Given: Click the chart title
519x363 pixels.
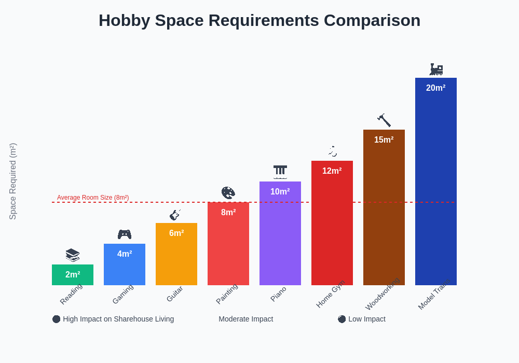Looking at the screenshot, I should (259, 20).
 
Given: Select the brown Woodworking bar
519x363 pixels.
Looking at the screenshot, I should (384, 213).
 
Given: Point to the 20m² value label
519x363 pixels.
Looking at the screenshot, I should (436, 88).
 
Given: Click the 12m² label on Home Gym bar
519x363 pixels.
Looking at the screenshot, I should (332, 171).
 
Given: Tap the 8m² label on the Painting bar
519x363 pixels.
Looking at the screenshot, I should (228, 213).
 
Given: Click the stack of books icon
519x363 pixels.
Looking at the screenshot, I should (73, 255).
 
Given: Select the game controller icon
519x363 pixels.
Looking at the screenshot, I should (125, 234).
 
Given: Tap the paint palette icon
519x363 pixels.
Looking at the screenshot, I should (228, 193).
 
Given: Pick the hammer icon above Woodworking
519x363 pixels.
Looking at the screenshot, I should (384, 120).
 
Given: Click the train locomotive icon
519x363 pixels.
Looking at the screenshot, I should (436, 69).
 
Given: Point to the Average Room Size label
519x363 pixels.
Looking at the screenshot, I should (93, 198).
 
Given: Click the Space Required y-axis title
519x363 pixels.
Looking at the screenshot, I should (13, 181).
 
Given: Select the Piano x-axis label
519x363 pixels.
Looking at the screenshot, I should (279, 294).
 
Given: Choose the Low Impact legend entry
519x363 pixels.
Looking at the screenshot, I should (362, 319).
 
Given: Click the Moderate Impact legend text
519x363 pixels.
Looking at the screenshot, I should (245, 319).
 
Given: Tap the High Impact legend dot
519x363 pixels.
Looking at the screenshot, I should (57, 319).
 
